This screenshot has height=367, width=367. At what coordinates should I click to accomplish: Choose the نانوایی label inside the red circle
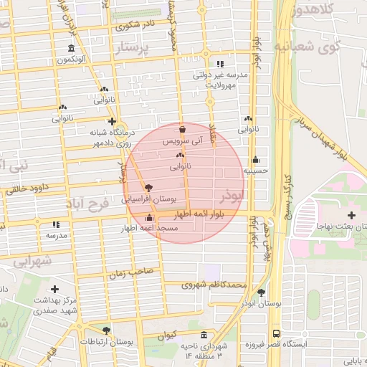(180, 166)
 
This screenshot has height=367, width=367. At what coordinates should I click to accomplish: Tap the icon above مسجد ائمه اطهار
(149, 218)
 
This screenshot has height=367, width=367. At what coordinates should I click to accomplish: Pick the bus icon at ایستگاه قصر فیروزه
(277, 333)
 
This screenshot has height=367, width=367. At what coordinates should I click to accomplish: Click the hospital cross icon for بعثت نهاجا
(351, 215)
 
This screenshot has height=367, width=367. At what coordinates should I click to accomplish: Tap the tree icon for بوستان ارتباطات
(107, 330)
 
